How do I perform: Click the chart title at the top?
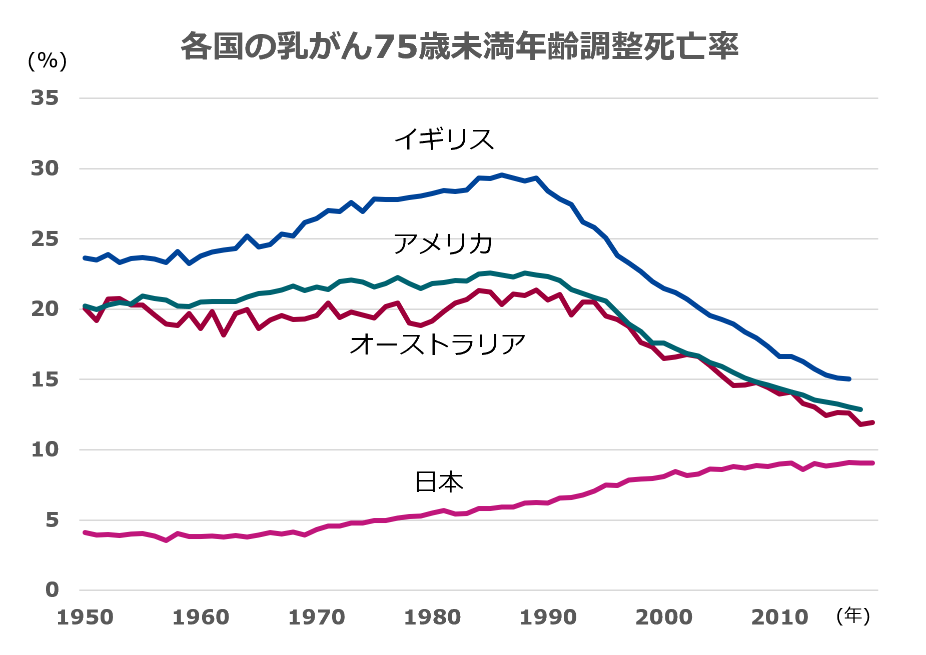click(x=459, y=46)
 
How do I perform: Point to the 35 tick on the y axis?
click(x=45, y=98)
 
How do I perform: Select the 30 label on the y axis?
click(x=45, y=168)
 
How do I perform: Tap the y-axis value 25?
click(x=45, y=239)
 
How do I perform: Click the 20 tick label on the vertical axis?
click(x=45, y=309)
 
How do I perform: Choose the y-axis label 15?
click(x=45, y=379)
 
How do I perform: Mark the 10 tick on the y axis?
click(x=45, y=449)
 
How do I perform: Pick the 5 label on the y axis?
click(x=52, y=520)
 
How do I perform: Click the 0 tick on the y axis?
click(x=52, y=590)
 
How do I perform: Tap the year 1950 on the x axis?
click(x=86, y=617)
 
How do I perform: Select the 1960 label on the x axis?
click(x=201, y=617)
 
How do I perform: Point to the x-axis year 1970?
click(x=317, y=617)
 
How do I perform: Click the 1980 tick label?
click(x=432, y=617)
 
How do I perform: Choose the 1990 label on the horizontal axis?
click(x=548, y=617)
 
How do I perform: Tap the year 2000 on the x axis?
click(x=664, y=617)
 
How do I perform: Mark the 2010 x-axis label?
click(x=779, y=617)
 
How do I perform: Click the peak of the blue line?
click(x=502, y=175)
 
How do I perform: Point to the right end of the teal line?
click(x=860, y=409)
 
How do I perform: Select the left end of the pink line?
click(x=85, y=532)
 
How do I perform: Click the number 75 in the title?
click(x=396, y=47)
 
